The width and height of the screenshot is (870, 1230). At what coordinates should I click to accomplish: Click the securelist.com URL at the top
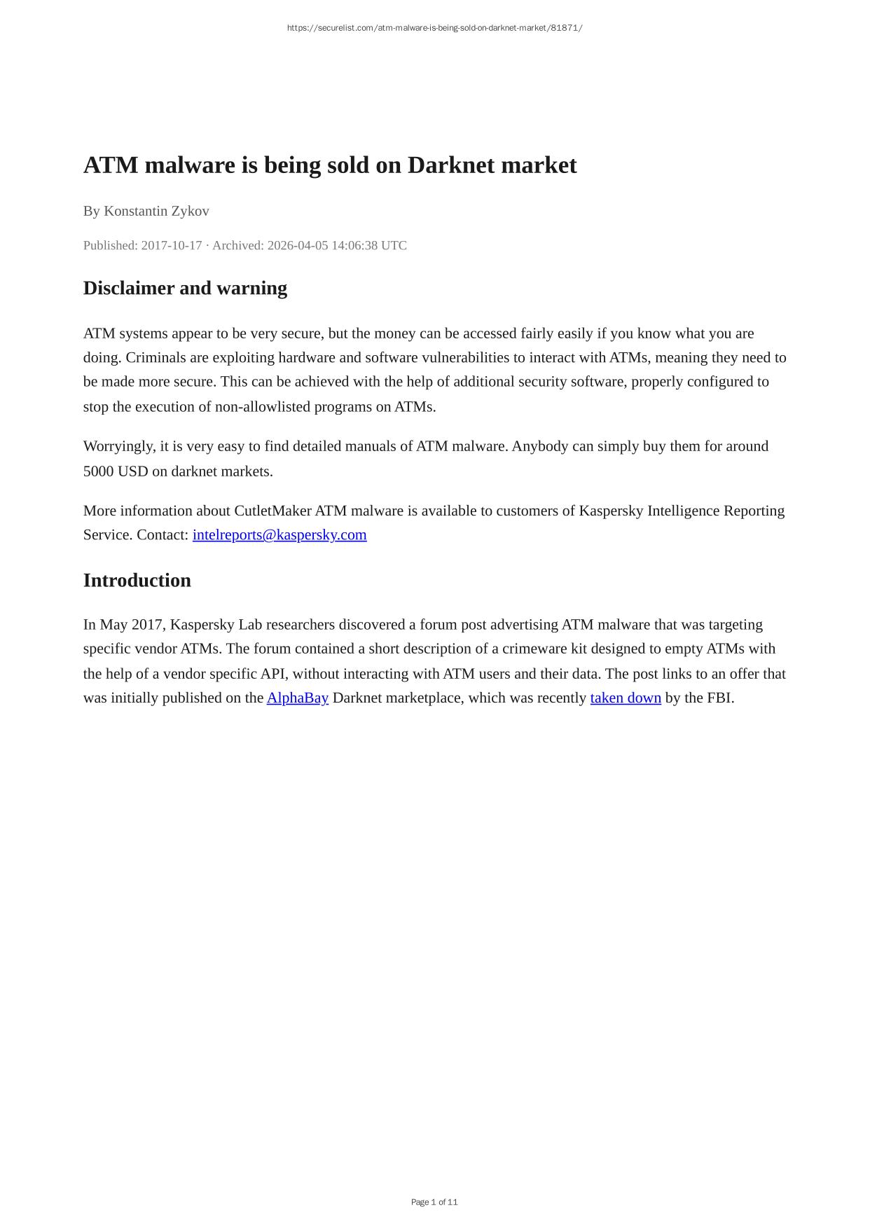tap(434, 28)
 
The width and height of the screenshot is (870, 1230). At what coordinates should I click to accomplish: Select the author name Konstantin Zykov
tap(156, 211)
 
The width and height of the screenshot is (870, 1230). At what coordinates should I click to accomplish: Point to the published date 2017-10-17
tap(171, 245)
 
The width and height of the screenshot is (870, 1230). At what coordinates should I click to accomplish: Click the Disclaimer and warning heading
tap(185, 288)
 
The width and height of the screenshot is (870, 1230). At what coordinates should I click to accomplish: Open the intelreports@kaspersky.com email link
tap(279, 535)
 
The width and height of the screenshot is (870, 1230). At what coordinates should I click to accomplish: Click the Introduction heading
tap(137, 580)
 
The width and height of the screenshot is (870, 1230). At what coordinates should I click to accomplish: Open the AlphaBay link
tap(297, 698)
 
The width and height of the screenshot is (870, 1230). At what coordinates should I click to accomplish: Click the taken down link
tap(626, 698)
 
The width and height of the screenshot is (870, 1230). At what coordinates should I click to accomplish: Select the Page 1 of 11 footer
tap(434, 1202)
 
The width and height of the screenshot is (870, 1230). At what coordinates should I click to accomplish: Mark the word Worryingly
tap(118, 446)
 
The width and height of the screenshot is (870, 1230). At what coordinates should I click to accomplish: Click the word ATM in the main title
tap(111, 165)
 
